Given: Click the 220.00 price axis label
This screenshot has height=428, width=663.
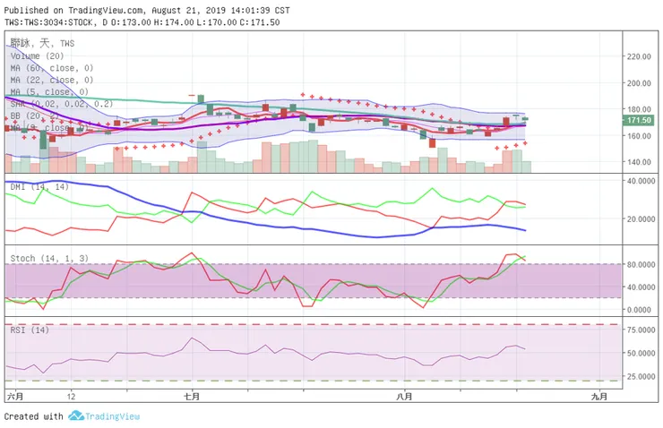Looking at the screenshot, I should point(639,56).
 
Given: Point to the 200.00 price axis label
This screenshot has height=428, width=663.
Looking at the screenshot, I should point(639,82).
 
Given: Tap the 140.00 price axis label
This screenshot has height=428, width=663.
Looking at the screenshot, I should point(639,162).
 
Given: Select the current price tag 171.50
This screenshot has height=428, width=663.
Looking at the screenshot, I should point(639,120).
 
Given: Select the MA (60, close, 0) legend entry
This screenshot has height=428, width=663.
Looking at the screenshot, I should point(52,67).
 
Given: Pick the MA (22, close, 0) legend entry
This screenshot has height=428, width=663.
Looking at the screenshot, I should point(52,80).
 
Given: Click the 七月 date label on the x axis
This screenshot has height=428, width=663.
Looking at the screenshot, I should point(190,395).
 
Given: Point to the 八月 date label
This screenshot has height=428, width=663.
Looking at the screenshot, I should point(405,395).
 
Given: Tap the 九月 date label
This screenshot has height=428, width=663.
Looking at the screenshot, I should point(599,395).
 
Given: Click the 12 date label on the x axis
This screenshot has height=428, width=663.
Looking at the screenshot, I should point(70,395).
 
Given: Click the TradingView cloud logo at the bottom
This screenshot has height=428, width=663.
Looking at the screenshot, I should point(76,416).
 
